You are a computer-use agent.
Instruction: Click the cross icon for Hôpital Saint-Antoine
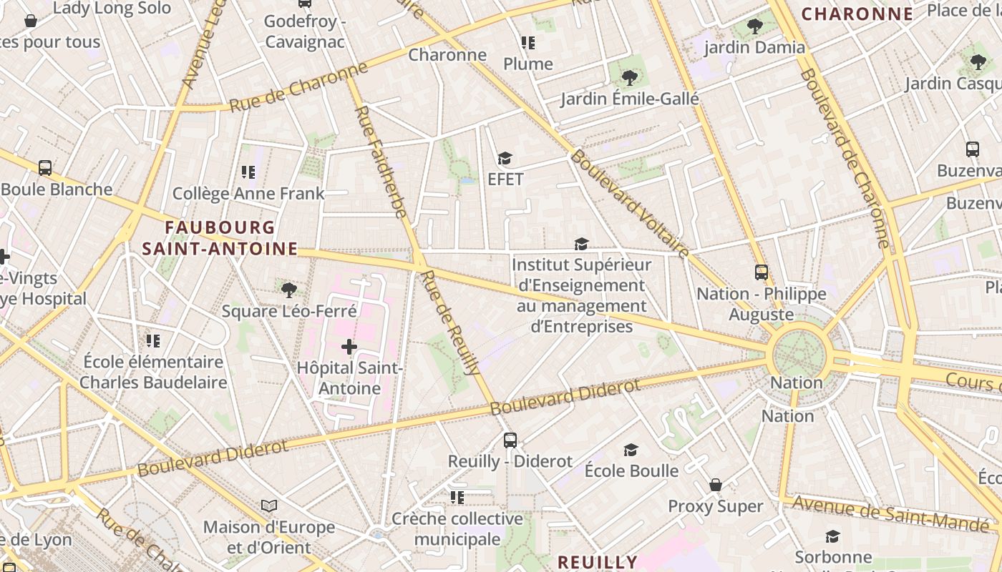point(349,347)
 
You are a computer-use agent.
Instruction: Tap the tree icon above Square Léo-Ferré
point(289,290)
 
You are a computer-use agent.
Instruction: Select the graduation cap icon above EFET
point(505,158)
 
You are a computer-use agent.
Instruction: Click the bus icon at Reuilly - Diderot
point(510,440)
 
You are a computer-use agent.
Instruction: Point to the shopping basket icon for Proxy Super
point(715,485)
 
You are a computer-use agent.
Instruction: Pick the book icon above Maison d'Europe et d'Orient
point(269,506)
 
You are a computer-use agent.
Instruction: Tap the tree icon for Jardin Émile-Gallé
point(629,77)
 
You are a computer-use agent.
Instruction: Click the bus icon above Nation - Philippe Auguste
point(761,272)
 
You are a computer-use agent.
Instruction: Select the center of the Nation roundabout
point(800,353)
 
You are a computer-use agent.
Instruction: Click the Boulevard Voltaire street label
point(630,204)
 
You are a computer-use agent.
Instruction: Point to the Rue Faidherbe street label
point(381,162)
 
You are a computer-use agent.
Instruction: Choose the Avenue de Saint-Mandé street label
point(892,514)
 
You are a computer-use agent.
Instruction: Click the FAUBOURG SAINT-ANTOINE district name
point(220,238)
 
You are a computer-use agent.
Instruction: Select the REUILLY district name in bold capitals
point(597,562)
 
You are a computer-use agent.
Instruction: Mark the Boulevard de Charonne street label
point(845,157)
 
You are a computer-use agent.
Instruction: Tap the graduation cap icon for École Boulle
point(631,450)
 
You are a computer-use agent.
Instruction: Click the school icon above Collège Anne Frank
point(248,172)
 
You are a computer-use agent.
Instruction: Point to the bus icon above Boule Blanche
point(45,168)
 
